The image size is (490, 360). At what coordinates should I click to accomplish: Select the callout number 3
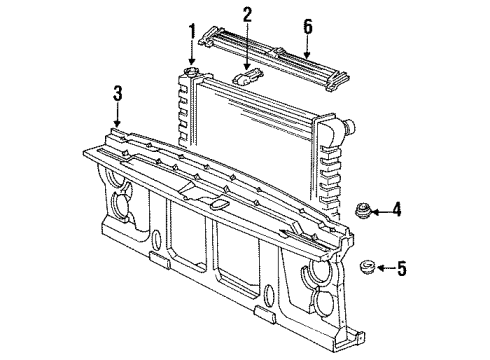click(x=117, y=94)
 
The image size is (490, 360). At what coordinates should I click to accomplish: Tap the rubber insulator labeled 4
click(x=361, y=210)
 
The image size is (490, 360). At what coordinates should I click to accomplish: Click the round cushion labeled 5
click(x=366, y=267)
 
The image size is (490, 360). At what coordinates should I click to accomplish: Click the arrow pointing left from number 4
click(x=381, y=209)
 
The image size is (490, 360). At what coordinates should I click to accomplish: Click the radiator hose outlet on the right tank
click(x=349, y=127)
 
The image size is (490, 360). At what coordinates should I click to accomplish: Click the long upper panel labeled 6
click(x=275, y=56)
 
